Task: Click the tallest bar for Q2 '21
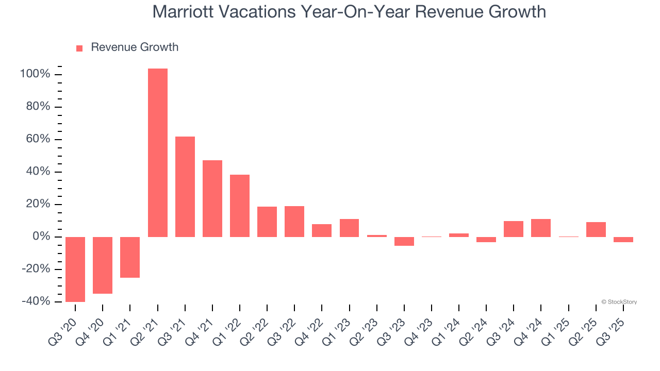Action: coord(158,153)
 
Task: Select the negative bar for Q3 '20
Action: coord(75,269)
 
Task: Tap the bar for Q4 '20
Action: coord(103,265)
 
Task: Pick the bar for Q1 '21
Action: coord(130,257)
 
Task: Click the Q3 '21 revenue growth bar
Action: coord(185,187)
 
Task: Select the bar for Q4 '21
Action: coord(212,198)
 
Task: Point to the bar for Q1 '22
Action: coord(240,206)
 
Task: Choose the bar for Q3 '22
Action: coord(294,221)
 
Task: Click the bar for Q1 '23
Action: coord(349,228)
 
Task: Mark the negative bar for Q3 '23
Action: coord(404,241)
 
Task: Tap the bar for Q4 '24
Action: coord(541,228)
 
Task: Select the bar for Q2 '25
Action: coord(596,229)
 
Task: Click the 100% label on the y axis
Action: coord(35,75)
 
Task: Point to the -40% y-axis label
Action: coord(35,301)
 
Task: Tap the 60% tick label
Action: coord(38,140)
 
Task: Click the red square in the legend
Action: coord(79,48)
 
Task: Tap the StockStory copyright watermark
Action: coord(619,302)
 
